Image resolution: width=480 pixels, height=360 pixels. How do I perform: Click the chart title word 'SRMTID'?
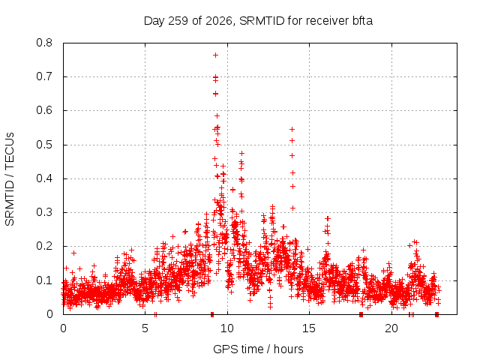click(x=262, y=21)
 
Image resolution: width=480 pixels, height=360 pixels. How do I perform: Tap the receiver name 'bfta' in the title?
click(x=361, y=21)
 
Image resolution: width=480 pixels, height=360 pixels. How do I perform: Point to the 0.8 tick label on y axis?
click(x=44, y=43)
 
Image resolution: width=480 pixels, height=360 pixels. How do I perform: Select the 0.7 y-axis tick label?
click(x=44, y=76)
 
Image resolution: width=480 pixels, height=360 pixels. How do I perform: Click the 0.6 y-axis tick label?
click(x=44, y=110)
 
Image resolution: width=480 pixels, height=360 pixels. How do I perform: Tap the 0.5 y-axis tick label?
click(x=44, y=145)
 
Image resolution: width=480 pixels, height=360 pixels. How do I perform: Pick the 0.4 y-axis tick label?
click(x=44, y=178)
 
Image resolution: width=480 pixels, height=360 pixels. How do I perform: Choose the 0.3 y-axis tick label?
click(x=44, y=212)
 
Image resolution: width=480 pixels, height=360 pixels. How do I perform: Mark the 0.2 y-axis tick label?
click(x=44, y=246)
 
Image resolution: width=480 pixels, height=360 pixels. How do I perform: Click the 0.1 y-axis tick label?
click(x=44, y=280)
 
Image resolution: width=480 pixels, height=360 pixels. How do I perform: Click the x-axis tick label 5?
click(x=145, y=328)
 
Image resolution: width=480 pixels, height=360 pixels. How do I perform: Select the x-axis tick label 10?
click(x=227, y=328)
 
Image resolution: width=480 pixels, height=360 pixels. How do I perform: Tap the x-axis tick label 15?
click(x=309, y=328)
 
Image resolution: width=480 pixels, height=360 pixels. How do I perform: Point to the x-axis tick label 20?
click(x=391, y=328)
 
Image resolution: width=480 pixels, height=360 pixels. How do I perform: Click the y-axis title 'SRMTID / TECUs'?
click(x=10, y=179)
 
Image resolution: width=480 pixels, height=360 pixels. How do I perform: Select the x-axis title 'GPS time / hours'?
click(x=258, y=349)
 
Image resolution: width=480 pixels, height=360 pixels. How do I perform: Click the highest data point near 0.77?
click(x=215, y=55)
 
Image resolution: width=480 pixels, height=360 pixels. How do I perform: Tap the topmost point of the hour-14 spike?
click(x=292, y=130)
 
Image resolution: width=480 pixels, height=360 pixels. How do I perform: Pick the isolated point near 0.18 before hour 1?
click(x=73, y=253)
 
